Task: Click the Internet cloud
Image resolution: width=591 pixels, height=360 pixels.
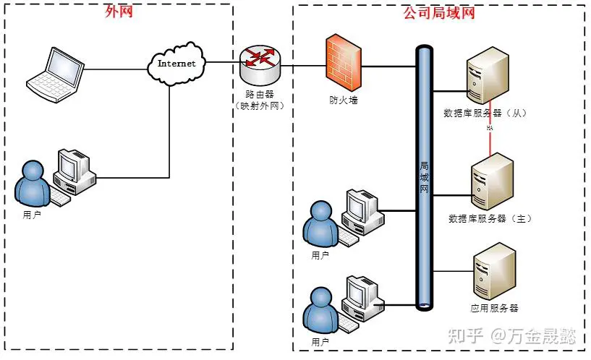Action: tap(177, 63)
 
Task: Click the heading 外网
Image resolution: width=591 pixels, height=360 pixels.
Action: tap(119, 12)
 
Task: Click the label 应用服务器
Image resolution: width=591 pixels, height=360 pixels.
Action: tap(494, 308)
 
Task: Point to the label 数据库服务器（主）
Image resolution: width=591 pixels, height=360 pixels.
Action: tap(490, 218)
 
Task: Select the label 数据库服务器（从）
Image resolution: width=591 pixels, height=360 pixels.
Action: tap(484, 113)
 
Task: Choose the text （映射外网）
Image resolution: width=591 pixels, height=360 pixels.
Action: tap(258, 106)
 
